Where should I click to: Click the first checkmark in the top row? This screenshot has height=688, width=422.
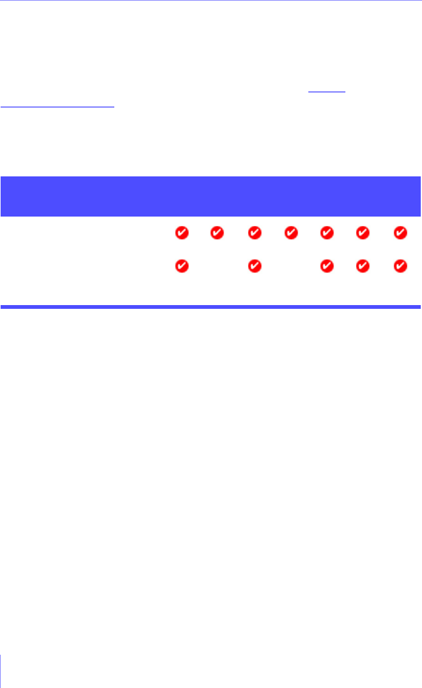click(x=181, y=234)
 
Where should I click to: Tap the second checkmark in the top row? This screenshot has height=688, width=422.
click(x=217, y=234)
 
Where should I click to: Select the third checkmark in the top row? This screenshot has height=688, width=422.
click(x=254, y=234)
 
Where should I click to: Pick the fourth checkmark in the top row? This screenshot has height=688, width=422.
click(x=290, y=234)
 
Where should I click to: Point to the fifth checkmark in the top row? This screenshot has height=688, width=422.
click(x=327, y=234)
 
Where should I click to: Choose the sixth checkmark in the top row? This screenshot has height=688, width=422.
click(x=363, y=234)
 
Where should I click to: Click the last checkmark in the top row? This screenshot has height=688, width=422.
click(x=399, y=234)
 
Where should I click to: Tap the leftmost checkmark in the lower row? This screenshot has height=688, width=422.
click(x=181, y=266)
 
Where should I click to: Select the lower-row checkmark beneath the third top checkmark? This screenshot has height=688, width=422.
click(x=254, y=266)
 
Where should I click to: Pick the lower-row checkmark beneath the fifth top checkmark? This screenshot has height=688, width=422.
click(x=327, y=266)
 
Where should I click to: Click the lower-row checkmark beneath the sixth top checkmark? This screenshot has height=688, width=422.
click(x=363, y=266)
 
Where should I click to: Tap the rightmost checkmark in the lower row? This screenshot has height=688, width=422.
click(x=399, y=266)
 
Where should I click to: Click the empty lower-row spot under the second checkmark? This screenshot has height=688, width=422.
click(x=217, y=266)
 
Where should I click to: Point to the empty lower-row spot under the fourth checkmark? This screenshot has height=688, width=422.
click(x=290, y=266)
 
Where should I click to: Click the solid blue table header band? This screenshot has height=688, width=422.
click(x=210, y=196)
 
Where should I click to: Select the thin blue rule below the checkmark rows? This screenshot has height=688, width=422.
click(x=210, y=307)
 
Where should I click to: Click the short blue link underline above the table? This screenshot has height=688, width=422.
click(x=327, y=93)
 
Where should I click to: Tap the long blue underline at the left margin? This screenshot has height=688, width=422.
click(x=58, y=107)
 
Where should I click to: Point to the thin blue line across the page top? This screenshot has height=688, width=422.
click(x=210, y=1)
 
